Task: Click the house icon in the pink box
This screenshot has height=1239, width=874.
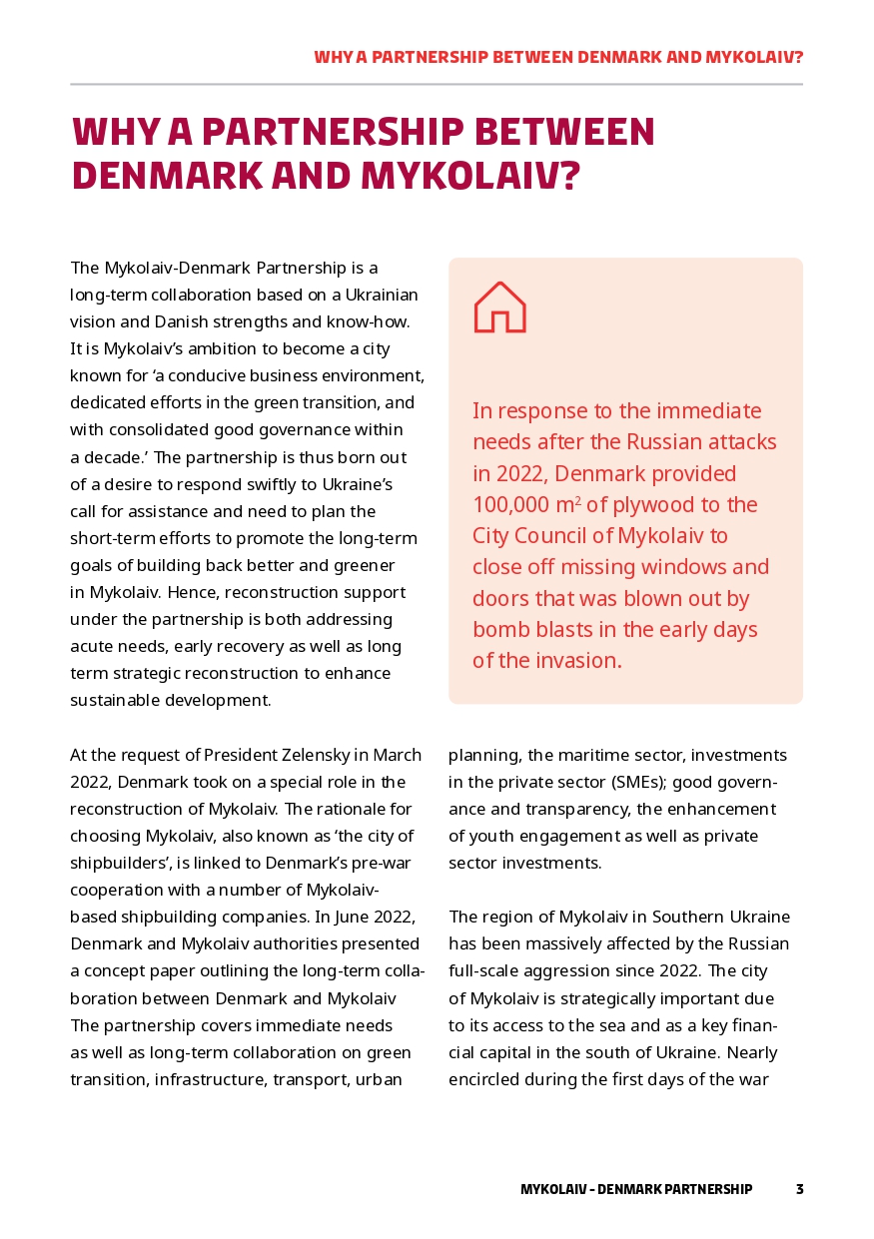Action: pyautogui.click(x=499, y=308)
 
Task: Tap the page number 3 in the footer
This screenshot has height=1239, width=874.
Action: pyautogui.click(x=799, y=1189)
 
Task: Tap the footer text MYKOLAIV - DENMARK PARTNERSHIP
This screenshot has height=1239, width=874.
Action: pyautogui.click(x=636, y=1189)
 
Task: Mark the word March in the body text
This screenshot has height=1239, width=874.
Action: pyautogui.click(x=397, y=755)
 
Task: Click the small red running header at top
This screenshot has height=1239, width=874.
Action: pyautogui.click(x=558, y=57)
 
